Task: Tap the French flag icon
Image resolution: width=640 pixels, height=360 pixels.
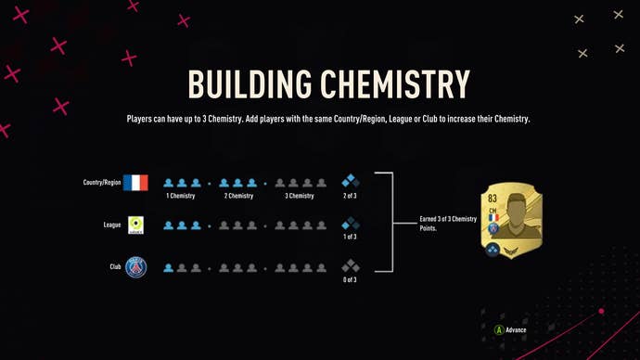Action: coord(135,183)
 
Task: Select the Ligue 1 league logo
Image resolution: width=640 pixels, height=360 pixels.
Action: coord(135,225)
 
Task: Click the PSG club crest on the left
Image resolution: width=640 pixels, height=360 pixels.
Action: coord(135,267)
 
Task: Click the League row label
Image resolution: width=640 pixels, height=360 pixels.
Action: coord(111,225)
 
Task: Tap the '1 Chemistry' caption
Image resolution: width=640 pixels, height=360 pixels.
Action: coord(182,197)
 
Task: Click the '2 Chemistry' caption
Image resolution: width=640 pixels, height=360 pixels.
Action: coord(237,197)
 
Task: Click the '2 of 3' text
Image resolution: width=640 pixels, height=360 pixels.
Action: coord(351,197)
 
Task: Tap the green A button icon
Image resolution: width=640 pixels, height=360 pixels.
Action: coord(498,328)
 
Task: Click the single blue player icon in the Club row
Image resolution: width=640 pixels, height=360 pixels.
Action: coord(169,267)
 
